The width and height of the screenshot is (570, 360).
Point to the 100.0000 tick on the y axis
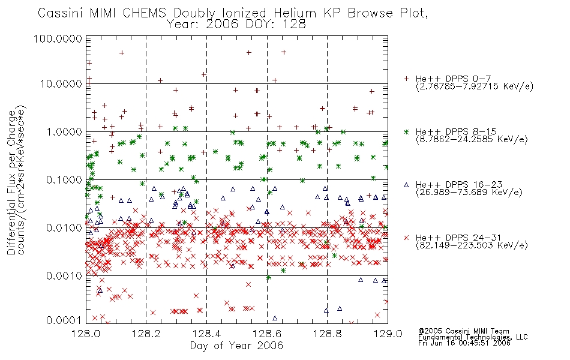click(x=58, y=38)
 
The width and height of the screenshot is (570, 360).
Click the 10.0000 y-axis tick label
click(x=61, y=84)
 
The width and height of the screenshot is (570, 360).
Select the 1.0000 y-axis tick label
click(x=64, y=131)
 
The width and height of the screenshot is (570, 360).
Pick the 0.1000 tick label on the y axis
click(x=64, y=179)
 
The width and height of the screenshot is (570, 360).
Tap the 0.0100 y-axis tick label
click(x=64, y=228)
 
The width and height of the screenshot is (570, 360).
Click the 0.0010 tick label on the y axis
click(x=64, y=276)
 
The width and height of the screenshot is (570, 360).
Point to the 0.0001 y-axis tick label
click(x=64, y=320)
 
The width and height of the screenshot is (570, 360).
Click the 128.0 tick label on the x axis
click(x=86, y=334)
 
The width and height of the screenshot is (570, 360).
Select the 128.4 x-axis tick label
click(x=206, y=334)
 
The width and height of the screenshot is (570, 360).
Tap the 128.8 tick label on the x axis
click(x=327, y=334)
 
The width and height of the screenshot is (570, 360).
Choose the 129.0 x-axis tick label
click(x=388, y=334)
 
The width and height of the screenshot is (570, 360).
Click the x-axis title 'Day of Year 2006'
click(x=236, y=346)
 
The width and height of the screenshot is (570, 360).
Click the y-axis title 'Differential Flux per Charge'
click(x=11, y=183)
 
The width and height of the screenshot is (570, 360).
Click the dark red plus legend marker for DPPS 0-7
click(x=406, y=79)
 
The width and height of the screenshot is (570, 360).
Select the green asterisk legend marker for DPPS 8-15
click(x=406, y=131)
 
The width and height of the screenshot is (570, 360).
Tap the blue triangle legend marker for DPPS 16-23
click(x=406, y=185)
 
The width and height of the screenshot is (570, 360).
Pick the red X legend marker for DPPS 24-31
click(x=406, y=238)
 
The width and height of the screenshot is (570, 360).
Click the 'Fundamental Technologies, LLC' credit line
click(x=473, y=337)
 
